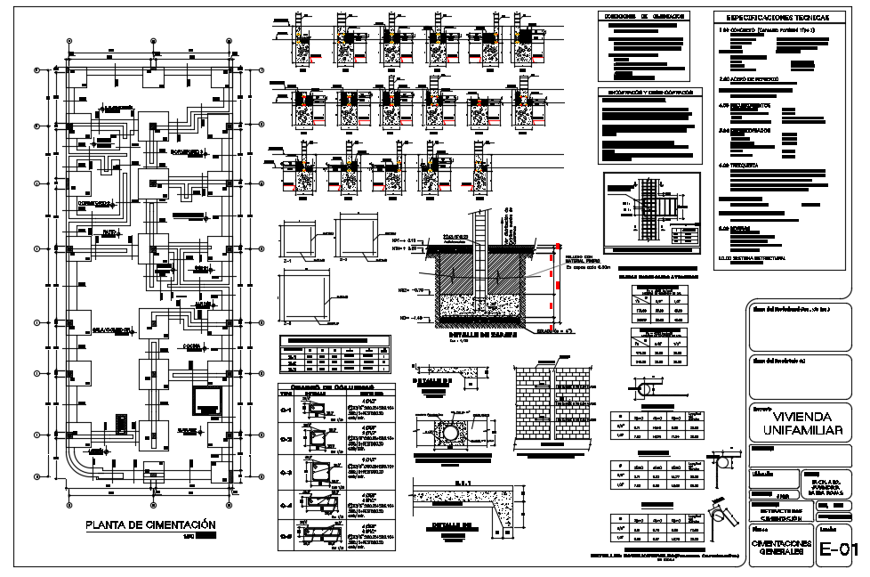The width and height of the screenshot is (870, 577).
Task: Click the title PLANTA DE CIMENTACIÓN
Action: pyautogui.click(x=150, y=524)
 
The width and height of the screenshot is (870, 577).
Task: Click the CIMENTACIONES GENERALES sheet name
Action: pyautogui.click(x=780, y=547)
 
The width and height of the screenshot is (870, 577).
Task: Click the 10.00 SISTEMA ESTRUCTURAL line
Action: pyautogui.click(x=756, y=258)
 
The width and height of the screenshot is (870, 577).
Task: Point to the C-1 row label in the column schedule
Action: pyautogui.click(x=286, y=410)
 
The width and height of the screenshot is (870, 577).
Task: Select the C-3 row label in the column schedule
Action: pyautogui.click(x=286, y=472)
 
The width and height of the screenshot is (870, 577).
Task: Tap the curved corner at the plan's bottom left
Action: pyautogui.click(x=76, y=468)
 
